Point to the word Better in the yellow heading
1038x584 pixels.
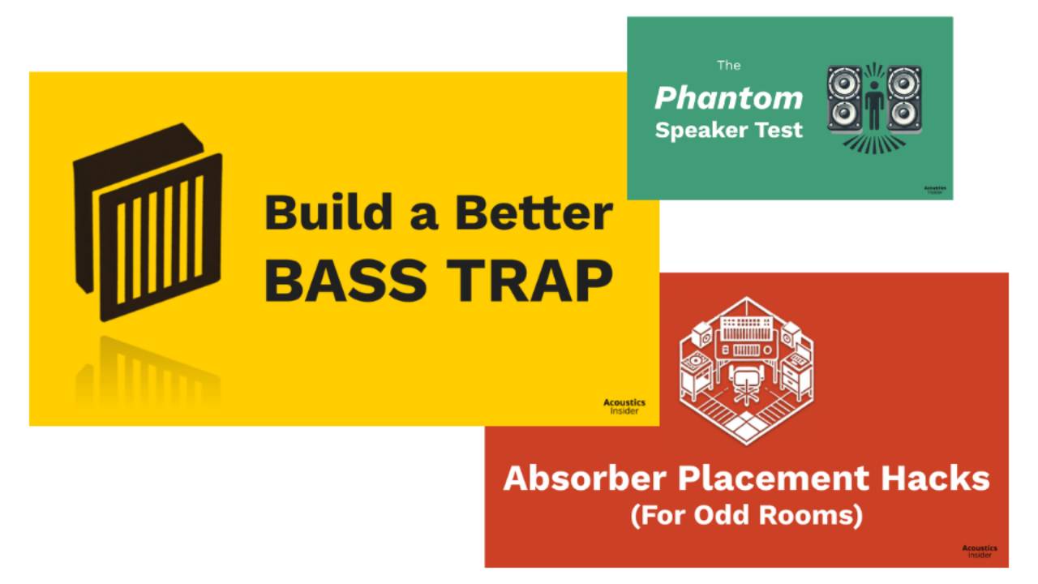click(533, 213)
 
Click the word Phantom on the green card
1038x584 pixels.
click(728, 98)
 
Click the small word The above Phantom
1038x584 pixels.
click(729, 65)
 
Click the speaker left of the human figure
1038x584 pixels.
click(844, 99)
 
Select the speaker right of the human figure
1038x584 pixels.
click(904, 99)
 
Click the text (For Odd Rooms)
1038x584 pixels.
click(747, 515)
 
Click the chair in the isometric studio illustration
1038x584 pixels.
click(744, 382)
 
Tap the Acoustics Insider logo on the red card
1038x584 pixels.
click(980, 552)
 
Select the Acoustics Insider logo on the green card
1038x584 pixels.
click(935, 190)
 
